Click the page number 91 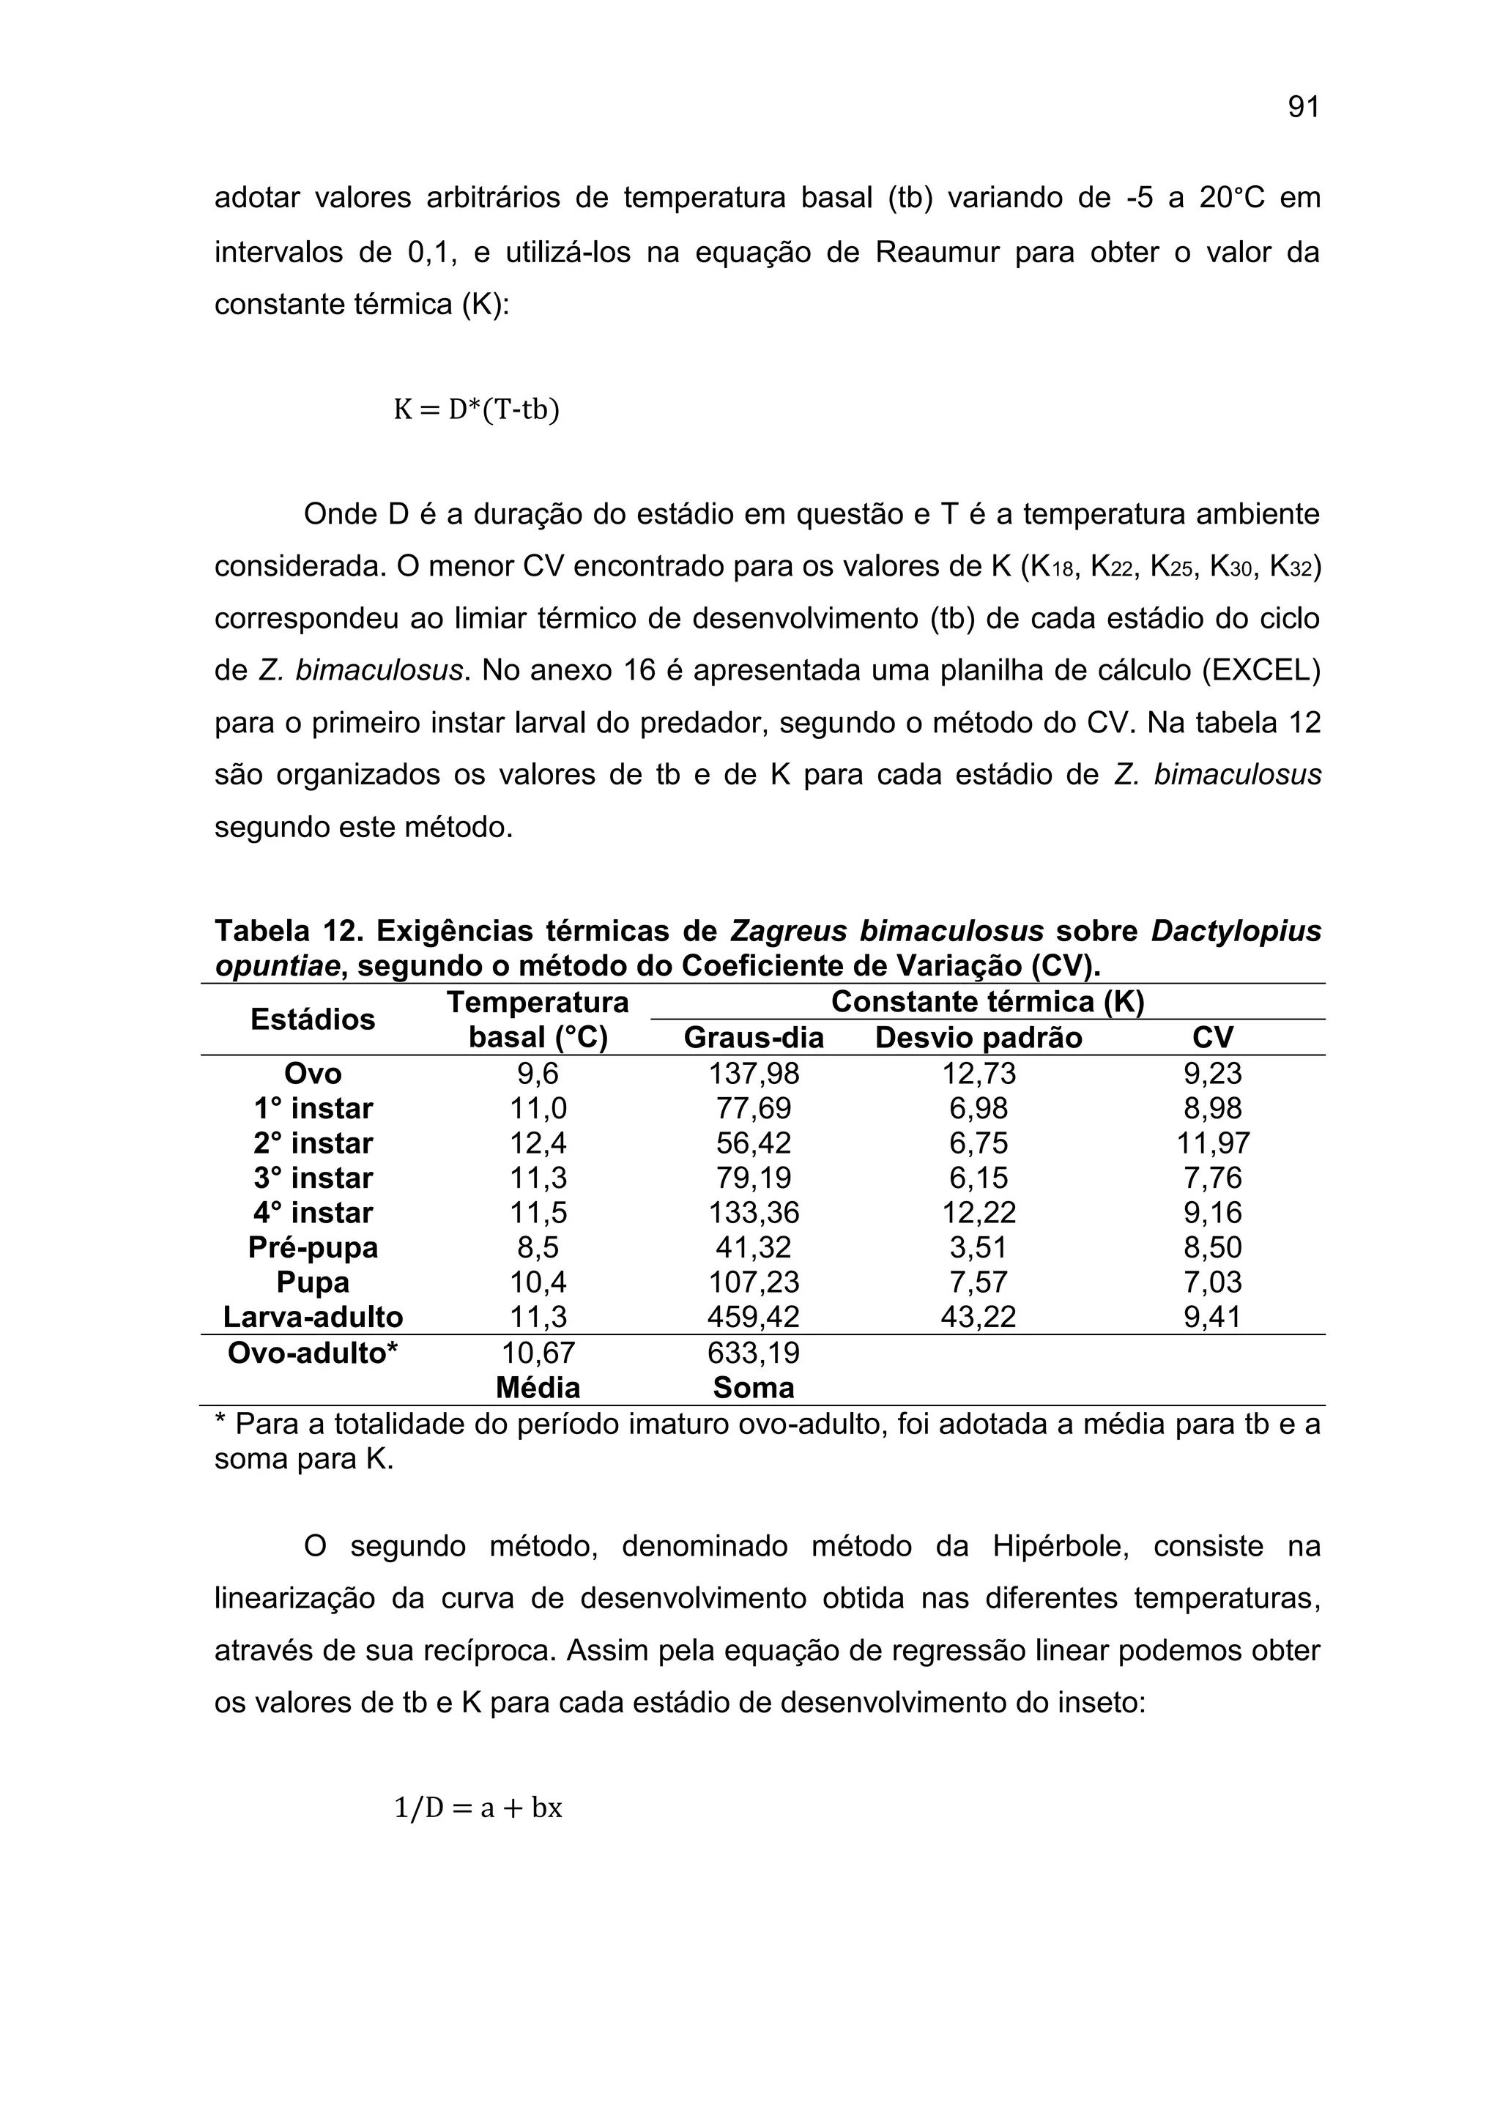coord(1303,108)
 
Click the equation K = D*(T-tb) coord(477,409)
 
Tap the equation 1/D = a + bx coord(478,1807)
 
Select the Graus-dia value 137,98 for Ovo coord(754,1074)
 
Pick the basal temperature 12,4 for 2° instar coord(538,1144)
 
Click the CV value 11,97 coord(1213,1144)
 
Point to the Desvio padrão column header coord(978,1039)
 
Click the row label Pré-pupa coord(313,1248)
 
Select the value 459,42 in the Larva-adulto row coord(754,1318)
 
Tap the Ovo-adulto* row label coord(313,1353)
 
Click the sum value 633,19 coord(754,1353)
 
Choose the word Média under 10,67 coord(538,1388)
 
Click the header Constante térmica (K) coord(987,1003)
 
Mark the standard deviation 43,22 coord(978,1318)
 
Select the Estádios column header coord(313,1020)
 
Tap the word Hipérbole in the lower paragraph coord(1061,1546)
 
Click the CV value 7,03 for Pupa coord(1213,1283)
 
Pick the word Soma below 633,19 coord(754,1388)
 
